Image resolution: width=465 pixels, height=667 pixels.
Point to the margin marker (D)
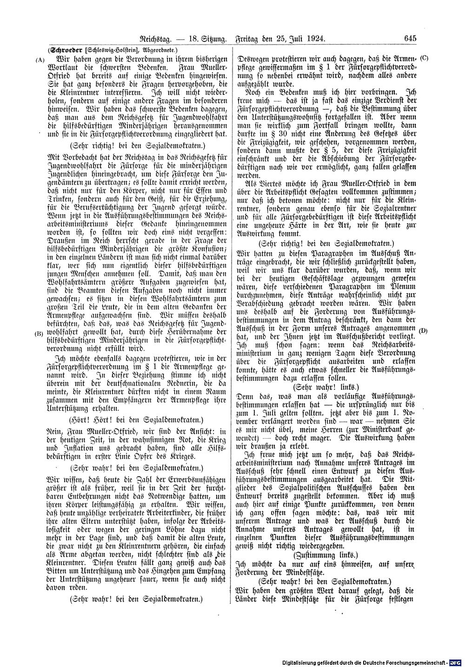click(423, 331)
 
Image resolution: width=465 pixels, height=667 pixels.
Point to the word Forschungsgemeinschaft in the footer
click(418, 662)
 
